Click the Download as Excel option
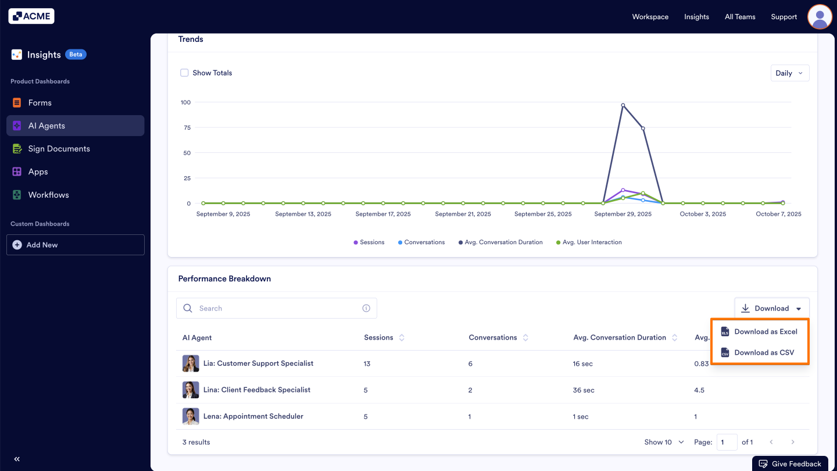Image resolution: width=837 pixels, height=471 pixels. [x=765, y=331]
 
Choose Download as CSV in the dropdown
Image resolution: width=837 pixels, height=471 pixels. [x=764, y=352]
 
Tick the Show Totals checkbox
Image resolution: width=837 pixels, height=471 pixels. [x=184, y=73]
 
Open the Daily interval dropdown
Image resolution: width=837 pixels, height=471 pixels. [x=789, y=73]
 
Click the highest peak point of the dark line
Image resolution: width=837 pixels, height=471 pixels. [x=623, y=105]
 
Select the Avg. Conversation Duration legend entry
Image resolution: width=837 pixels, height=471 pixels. [x=503, y=242]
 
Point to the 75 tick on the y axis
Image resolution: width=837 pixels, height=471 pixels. [x=187, y=128]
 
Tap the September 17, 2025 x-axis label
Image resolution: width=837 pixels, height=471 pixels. [x=383, y=214]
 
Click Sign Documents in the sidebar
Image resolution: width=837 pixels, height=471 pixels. [x=59, y=149]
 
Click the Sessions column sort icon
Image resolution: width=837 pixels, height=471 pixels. [x=402, y=338]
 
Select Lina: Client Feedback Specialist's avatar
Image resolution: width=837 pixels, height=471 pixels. [x=191, y=390]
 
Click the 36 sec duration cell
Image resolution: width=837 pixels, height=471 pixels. [x=584, y=390]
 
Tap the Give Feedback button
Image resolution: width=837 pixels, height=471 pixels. [x=790, y=463]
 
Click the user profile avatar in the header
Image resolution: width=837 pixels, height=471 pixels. [x=820, y=17]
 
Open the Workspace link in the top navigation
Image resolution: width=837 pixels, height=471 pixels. [x=650, y=17]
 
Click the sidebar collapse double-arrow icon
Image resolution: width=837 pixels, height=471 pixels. [x=17, y=459]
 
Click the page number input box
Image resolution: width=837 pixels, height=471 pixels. [x=727, y=442]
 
